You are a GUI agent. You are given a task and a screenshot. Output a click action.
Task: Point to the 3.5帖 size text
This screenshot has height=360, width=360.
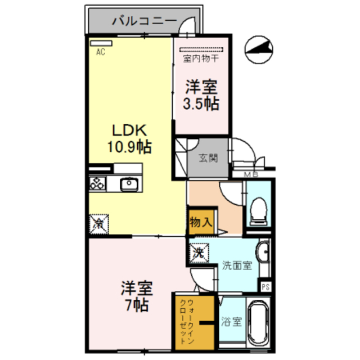point(201,103)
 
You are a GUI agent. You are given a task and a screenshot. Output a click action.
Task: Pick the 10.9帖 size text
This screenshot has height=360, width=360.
point(129,147)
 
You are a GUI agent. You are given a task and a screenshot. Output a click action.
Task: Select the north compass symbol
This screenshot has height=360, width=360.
point(260,49)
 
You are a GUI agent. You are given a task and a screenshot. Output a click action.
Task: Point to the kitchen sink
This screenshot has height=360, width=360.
point(129,183)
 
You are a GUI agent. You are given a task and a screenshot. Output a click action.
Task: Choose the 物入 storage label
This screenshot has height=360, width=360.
point(201,222)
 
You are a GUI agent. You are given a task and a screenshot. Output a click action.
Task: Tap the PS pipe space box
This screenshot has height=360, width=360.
point(265,286)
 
